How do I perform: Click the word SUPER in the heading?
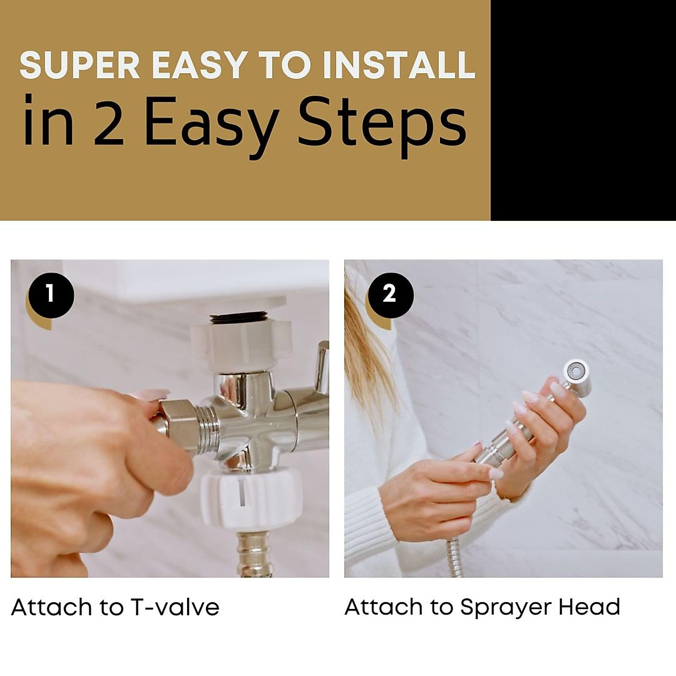[x=80, y=65]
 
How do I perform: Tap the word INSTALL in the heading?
[x=399, y=65]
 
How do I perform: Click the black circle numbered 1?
[x=51, y=295]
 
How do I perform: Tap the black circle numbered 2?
[x=390, y=295]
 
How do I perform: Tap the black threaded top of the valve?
[x=239, y=318]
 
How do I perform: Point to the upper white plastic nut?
[x=241, y=345]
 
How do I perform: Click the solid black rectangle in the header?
[x=583, y=110]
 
